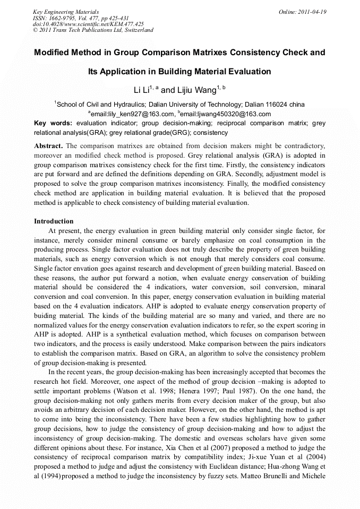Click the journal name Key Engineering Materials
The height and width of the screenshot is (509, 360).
tap(66, 12)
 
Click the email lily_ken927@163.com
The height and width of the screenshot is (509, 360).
tap(133, 114)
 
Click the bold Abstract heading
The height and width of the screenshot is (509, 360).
tap(48, 145)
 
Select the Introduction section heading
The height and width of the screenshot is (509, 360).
tap(54, 221)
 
